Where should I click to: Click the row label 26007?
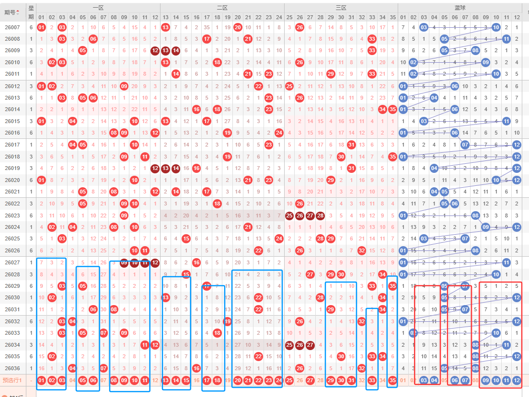click(12, 27)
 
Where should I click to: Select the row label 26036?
click(12, 368)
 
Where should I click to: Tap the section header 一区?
click(98, 8)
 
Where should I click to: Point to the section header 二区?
click(222, 8)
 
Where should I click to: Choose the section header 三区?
click(341, 8)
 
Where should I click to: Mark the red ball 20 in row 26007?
click(238, 27)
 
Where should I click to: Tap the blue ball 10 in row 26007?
click(496, 27)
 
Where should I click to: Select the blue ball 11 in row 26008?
click(506, 39)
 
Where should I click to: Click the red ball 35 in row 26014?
click(393, 109)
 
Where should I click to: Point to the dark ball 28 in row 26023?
click(321, 216)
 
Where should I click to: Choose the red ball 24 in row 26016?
click(279, 133)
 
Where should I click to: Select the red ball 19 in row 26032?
click(227, 321)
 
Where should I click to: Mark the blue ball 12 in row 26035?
click(517, 356)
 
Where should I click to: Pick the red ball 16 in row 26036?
click(196, 368)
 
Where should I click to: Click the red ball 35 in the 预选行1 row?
click(393, 380)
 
